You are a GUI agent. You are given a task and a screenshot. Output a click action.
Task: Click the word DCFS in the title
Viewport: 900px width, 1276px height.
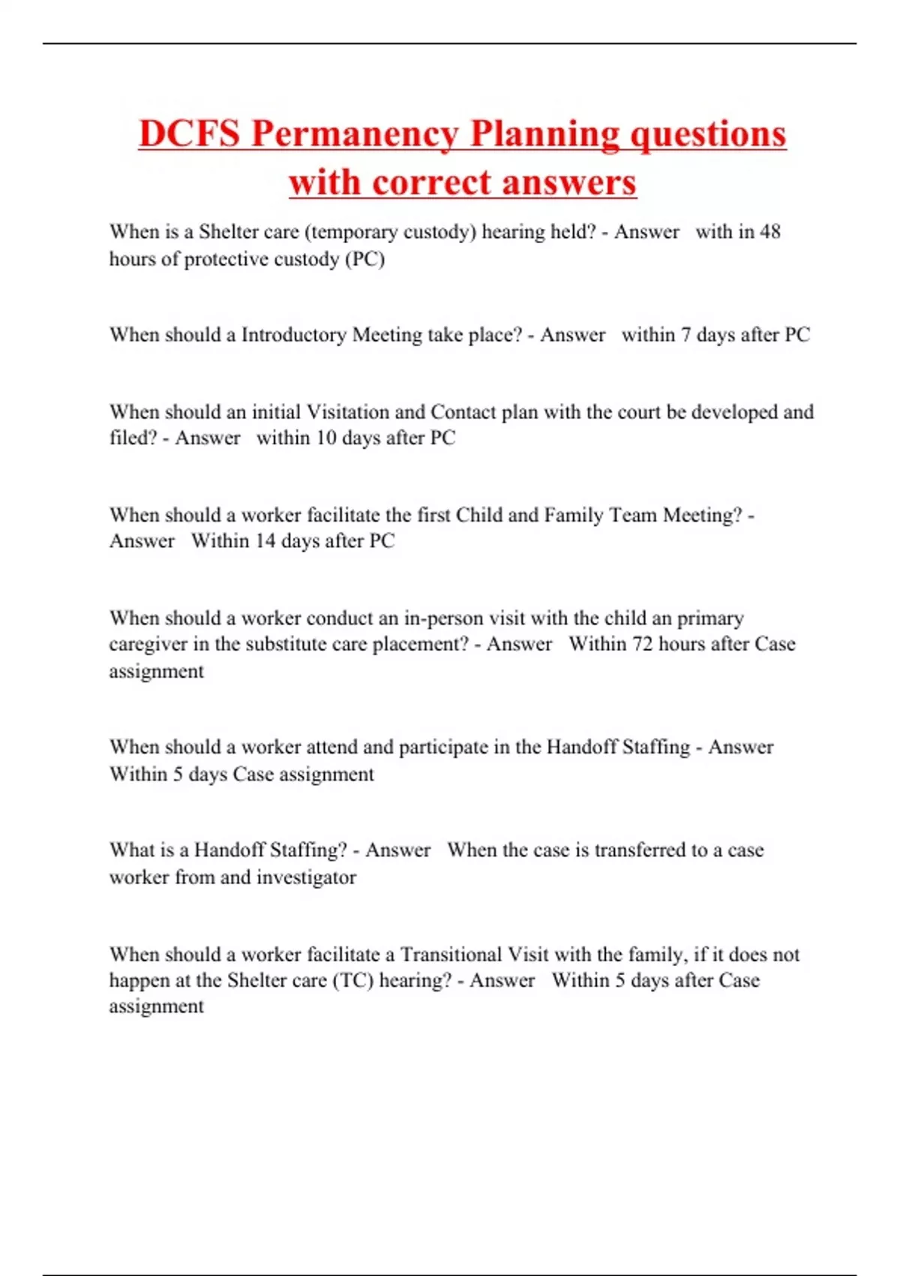point(189,134)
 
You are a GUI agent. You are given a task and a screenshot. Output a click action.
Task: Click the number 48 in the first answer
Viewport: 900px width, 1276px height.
point(769,232)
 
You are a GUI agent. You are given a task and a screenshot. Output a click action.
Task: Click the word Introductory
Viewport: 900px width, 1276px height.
point(293,335)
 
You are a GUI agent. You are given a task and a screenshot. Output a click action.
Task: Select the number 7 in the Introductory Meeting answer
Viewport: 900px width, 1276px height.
point(685,335)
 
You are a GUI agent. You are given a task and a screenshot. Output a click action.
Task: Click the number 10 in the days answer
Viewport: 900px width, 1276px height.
point(325,438)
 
